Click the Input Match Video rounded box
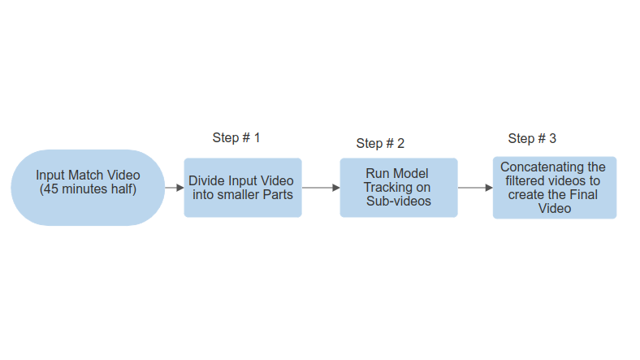(88, 187)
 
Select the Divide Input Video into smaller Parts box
(242, 187)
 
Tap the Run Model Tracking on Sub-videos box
(398, 187)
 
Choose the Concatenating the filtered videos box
(554, 187)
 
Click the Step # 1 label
(236, 137)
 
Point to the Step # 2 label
(380, 143)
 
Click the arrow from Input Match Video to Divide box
(175, 188)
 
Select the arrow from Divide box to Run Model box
(320, 188)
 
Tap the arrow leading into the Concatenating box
(475, 188)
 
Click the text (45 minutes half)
(88, 189)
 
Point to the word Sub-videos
(398, 201)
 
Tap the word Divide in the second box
(206, 181)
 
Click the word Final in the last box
(578, 195)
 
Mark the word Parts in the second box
(276, 195)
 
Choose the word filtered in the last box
(528, 181)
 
